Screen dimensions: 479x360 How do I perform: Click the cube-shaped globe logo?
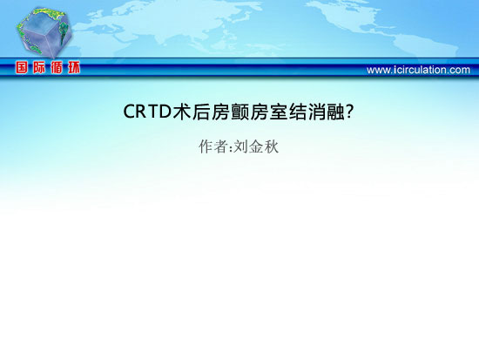click(44, 32)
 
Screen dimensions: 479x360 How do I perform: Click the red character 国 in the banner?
click(22, 67)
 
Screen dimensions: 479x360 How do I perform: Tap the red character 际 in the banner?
click(39, 67)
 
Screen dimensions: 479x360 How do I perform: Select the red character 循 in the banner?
click(57, 67)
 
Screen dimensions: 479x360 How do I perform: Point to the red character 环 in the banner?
click(74, 67)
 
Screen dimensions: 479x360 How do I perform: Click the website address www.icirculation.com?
click(418, 70)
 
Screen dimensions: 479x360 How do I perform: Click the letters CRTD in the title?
click(146, 112)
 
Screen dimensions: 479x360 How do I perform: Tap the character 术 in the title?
click(182, 112)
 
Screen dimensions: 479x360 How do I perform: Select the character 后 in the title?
click(201, 112)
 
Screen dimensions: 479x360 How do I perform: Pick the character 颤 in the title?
click(239, 112)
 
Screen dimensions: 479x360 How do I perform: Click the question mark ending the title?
click(350, 112)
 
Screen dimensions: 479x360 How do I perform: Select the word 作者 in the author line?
click(213, 146)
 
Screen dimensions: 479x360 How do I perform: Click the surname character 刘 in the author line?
click(240, 146)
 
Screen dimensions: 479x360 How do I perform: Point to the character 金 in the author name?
click(256, 146)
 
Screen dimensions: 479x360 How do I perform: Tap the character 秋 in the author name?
click(271, 146)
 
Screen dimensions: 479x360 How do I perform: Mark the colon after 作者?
click(230, 148)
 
